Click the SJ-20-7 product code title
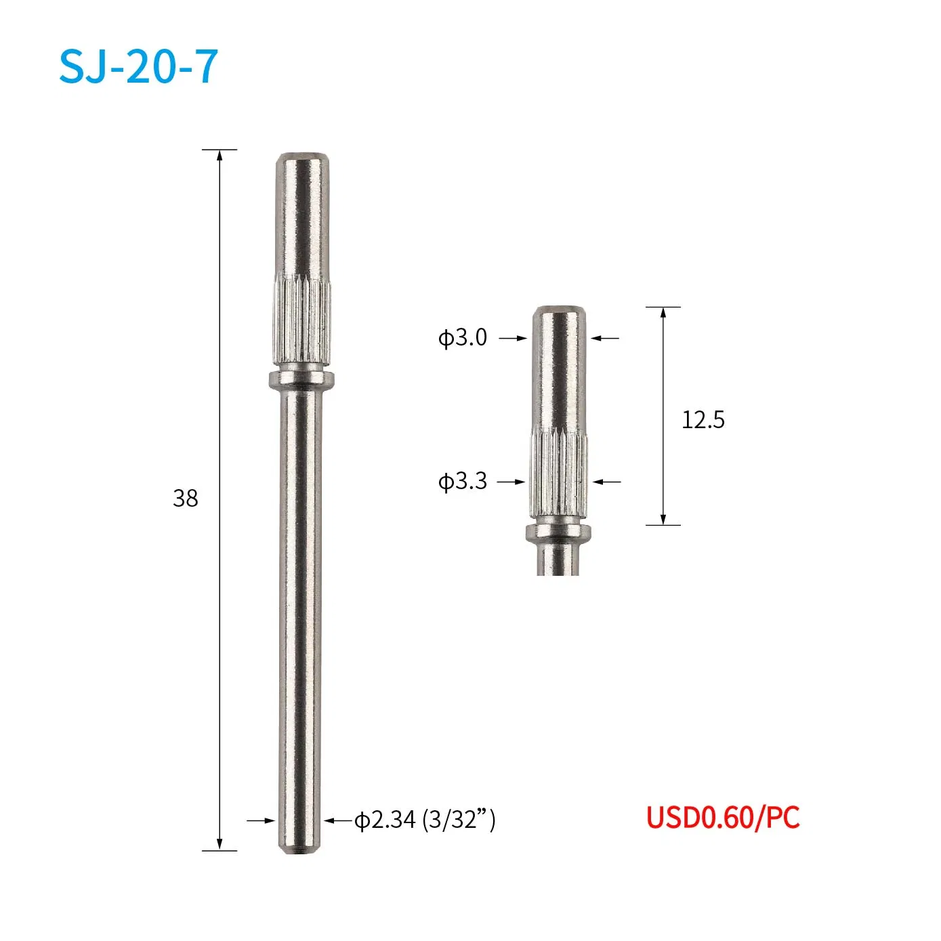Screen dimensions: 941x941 click(138, 66)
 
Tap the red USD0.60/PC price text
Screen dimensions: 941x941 click(722, 817)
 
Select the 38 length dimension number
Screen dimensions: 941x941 click(185, 499)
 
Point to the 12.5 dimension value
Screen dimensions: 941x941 click(703, 420)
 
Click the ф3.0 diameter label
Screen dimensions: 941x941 click(463, 337)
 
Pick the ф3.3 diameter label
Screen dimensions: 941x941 click(463, 481)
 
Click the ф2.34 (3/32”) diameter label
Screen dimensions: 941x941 click(425, 820)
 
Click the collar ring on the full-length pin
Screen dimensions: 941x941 click(301, 378)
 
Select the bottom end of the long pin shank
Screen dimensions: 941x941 click(299, 847)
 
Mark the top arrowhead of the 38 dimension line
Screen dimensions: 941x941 click(219, 155)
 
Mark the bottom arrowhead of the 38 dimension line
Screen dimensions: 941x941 click(219, 845)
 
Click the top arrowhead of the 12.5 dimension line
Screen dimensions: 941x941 click(663, 313)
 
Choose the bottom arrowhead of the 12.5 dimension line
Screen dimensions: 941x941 click(663, 519)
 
